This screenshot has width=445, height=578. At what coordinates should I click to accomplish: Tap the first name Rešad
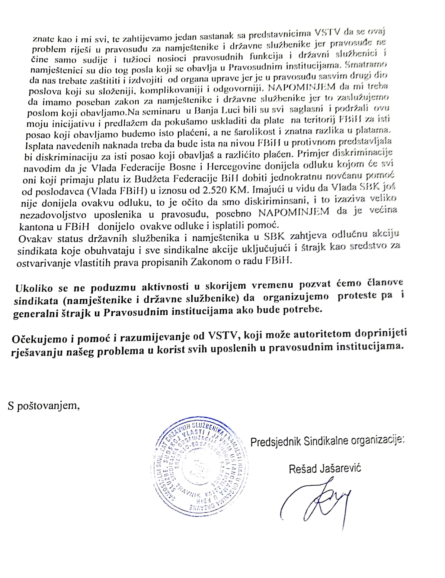coord(301,468)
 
